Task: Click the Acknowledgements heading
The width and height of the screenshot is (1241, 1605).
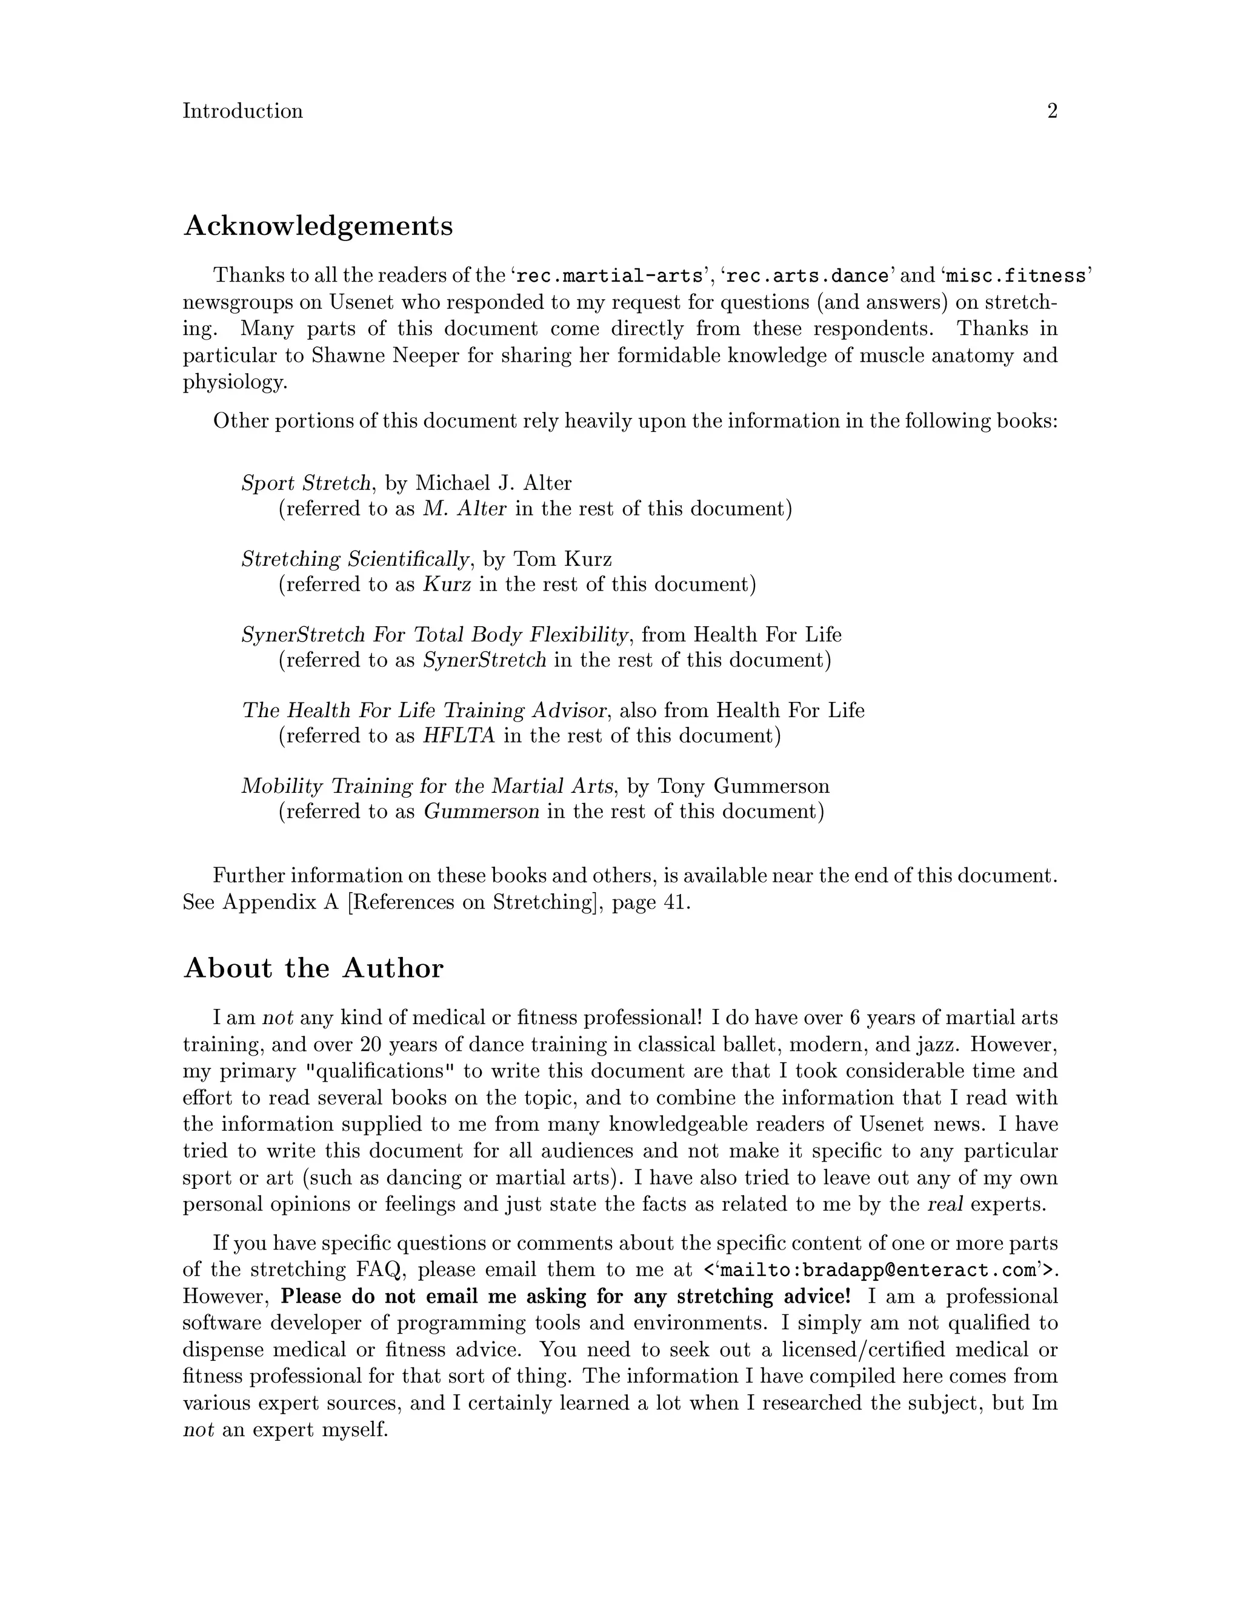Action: [x=318, y=226]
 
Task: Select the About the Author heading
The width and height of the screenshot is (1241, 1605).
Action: [x=313, y=968]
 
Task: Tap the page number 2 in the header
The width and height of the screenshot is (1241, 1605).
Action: [x=1052, y=111]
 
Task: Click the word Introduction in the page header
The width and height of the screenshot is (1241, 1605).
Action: [x=242, y=111]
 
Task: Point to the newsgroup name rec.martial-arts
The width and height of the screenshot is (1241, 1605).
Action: [x=610, y=276]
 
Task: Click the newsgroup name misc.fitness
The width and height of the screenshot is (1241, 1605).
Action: [x=1016, y=276]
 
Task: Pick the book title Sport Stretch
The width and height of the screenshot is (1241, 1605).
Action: [x=306, y=483]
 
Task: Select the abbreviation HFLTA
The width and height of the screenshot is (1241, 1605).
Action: [x=459, y=736]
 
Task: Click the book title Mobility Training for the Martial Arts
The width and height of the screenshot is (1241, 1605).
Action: [x=427, y=786]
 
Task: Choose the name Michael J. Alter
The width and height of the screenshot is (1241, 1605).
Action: [x=493, y=483]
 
